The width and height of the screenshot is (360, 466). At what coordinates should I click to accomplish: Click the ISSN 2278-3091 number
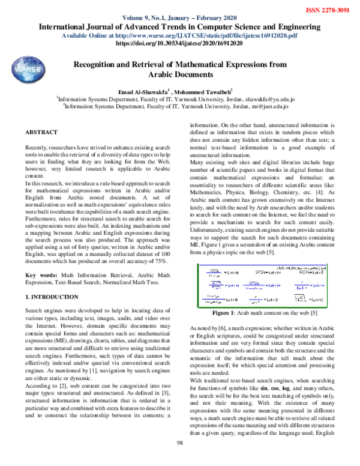pos(326,10)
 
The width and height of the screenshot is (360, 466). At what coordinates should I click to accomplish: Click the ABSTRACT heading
pos(41,131)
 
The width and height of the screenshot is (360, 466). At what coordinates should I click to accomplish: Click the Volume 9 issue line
pos(179,18)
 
